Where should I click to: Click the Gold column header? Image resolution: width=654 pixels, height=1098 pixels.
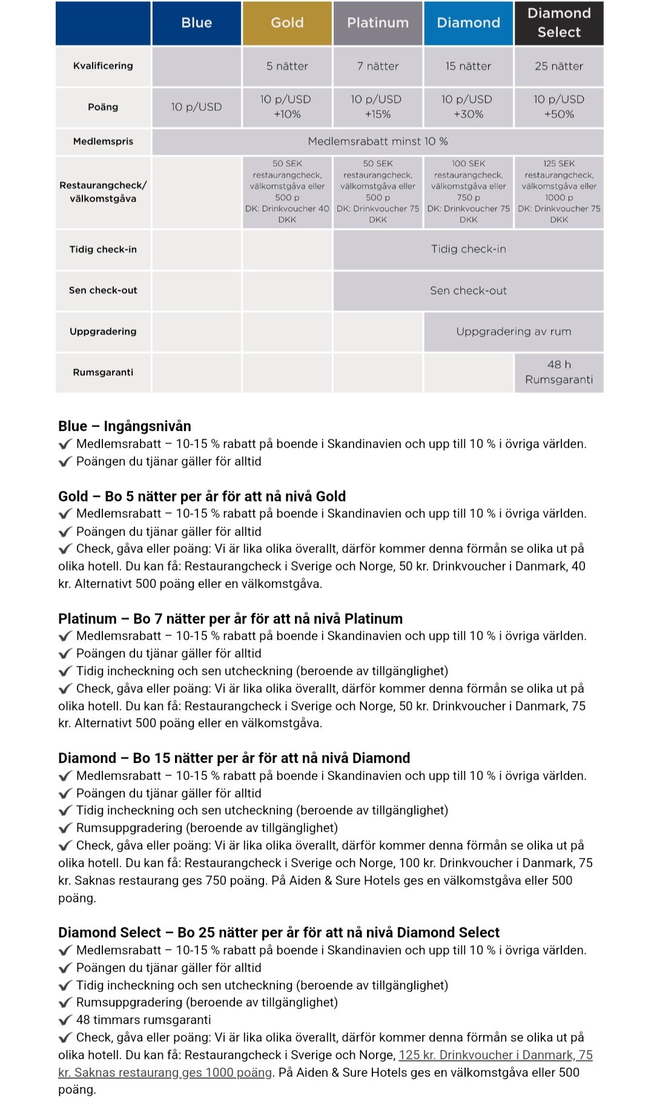(x=287, y=23)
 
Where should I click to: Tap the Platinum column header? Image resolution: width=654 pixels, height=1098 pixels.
(x=378, y=23)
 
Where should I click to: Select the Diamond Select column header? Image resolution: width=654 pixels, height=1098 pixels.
(x=559, y=23)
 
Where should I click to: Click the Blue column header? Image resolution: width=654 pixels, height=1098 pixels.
(x=197, y=23)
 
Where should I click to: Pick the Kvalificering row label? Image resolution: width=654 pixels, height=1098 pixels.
(x=103, y=66)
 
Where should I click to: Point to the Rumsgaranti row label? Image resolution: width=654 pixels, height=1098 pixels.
(x=103, y=372)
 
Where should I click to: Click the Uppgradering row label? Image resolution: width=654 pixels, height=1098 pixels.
(x=103, y=331)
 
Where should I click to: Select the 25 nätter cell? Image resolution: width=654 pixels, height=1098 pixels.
(x=559, y=66)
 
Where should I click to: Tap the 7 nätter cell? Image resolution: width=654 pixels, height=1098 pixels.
(x=378, y=66)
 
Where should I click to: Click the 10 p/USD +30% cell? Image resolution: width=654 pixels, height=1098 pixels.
(x=468, y=107)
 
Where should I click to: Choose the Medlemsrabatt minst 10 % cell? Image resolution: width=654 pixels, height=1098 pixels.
(x=378, y=141)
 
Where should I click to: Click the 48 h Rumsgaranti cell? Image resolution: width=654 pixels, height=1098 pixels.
(x=559, y=372)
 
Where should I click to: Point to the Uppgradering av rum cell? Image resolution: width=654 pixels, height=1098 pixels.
(x=514, y=331)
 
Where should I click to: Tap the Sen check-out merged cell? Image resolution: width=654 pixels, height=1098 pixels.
(x=468, y=291)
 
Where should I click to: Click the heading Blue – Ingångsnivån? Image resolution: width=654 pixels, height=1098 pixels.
(x=125, y=426)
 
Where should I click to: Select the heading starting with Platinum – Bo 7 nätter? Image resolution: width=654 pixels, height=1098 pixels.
(x=230, y=618)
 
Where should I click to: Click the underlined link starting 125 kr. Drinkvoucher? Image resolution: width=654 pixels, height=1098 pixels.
(x=495, y=1055)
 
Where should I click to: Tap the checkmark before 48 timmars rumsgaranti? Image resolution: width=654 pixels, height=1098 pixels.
(x=65, y=1020)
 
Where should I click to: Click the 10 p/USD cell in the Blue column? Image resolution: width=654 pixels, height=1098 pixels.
(x=197, y=107)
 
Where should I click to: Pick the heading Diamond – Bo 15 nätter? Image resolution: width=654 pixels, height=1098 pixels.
(x=234, y=758)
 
